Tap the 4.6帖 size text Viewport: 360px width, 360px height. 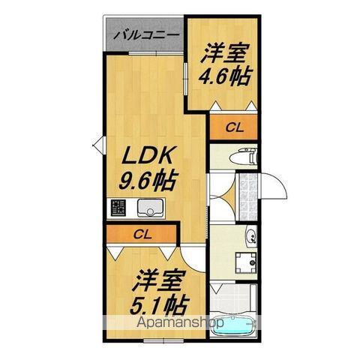[223, 75]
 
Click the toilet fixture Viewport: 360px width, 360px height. [243, 158]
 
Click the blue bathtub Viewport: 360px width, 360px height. [235, 328]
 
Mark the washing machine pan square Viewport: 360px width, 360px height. [244, 264]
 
